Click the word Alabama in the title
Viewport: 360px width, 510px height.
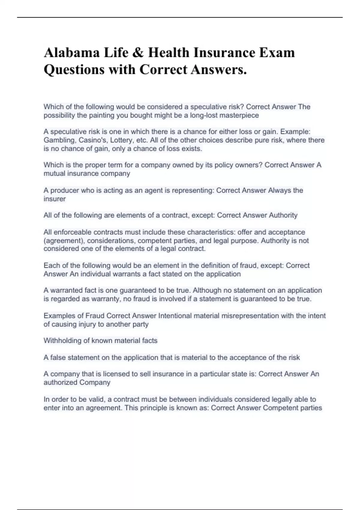[x=72, y=53]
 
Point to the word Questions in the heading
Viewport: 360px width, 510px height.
[x=74, y=70]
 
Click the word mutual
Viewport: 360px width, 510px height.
[x=54, y=173]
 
